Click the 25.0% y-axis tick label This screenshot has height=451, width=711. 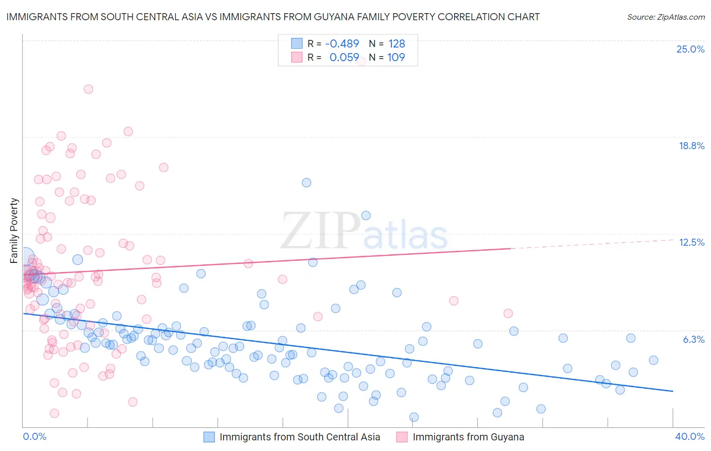pyautogui.click(x=690, y=49)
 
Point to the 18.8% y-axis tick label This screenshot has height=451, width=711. pyautogui.click(x=691, y=146)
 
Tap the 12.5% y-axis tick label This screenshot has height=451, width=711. pyautogui.click(x=691, y=242)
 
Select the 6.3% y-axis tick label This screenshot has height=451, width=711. pyautogui.click(x=693, y=339)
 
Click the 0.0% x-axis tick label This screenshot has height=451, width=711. pyautogui.click(x=34, y=436)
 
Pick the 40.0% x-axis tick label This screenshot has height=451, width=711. pyautogui.click(x=689, y=436)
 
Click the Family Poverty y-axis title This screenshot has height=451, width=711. pyautogui.click(x=14, y=231)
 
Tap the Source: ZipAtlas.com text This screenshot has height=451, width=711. pyautogui.click(x=665, y=17)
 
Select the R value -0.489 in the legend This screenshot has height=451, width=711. pyautogui.click(x=342, y=43)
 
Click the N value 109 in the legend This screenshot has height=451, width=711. pyautogui.click(x=396, y=57)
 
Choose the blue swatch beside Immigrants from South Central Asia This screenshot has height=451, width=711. pyautogui.click(x=209, y=437)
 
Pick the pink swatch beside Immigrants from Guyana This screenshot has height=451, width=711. pyautogui.click(x=402, y=437)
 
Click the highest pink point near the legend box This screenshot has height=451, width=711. pyautogui.click(x=362, y=61)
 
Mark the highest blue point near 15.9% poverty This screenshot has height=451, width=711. pyautogui.click(x=306, y=183)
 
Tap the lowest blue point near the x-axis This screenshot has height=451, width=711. pyautogui.click(x=414, y=417)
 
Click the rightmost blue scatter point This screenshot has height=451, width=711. pyautogui.click(x=653, y=360)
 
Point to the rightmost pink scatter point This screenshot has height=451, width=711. pyautogui.click(x=508, y=313)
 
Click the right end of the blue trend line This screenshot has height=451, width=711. pyautogui.click(x=673, y=391)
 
